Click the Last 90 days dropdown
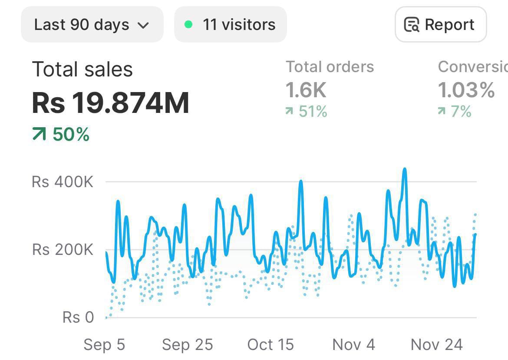point(92,25)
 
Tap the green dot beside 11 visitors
point(188,25)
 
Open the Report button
point(440,25)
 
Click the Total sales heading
point(82,69)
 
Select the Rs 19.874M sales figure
point(111,103)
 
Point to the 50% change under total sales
point(61,135)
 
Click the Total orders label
point(330,67)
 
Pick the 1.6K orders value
point(306,90)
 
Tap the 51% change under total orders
point(307,112)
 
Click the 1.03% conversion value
point(466,90)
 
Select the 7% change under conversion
point(455,112)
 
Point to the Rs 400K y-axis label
point(63,182)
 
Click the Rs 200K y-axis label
point(63,250)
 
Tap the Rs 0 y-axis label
point(78,317)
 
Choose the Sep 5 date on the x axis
point(104,345)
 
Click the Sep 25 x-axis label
point(188,345)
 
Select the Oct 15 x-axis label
point(270,345)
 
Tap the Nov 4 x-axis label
point(353,345)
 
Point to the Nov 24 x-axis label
point(437,345)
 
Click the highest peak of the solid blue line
point(405,169)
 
